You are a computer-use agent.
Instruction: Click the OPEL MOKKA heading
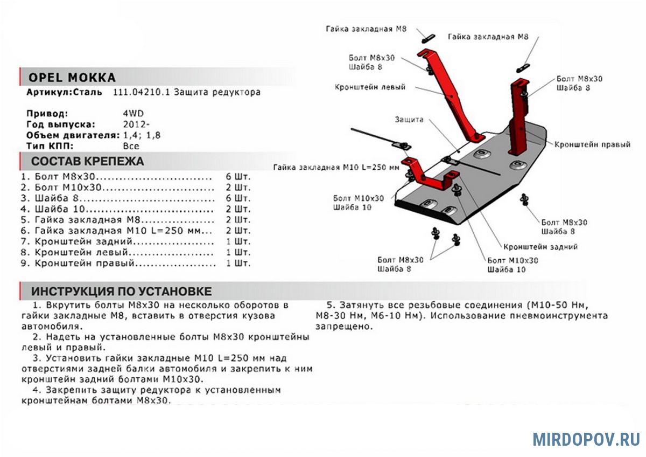pyautogui.click(x=71, y=77)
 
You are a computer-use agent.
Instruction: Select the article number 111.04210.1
pyautogui.click(x=142, y=92)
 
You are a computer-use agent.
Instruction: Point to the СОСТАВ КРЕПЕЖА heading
pyautogui.click(x=87, y=161)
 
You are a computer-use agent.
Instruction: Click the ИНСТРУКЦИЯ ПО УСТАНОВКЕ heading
pyautogui.click(x=121, y=292)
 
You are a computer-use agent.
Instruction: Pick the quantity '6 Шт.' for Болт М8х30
pyautogui.click(x=239, y=176)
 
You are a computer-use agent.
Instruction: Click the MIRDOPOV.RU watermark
pyautogui.click(x=586, y=439)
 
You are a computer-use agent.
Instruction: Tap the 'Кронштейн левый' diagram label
pyautogui.click(x=370, y=87)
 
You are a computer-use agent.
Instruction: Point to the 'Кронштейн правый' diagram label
pyautogui.click(x=592, y=145)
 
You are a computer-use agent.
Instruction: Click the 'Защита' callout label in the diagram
pyautogui.click(x=409, y=119)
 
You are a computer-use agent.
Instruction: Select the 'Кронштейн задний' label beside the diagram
pyautogui.click(x=540, y=247)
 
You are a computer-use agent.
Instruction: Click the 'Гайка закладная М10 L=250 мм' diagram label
pyautogui.click(x=336, y=167)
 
